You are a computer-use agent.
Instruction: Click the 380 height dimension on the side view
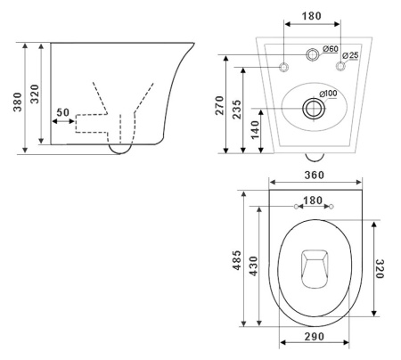(18, 102)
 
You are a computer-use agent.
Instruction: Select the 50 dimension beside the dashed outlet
(62, 112)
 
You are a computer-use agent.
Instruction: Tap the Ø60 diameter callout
(331, 48)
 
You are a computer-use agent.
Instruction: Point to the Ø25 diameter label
(350, 55)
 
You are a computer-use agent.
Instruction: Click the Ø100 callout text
(328, 94)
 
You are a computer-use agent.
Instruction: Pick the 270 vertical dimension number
(219, 105)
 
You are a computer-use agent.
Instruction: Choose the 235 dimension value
(237, 110)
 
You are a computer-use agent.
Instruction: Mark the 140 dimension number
(255, 130)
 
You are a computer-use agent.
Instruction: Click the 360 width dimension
(314, 175)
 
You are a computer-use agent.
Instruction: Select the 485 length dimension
(237, 260)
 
